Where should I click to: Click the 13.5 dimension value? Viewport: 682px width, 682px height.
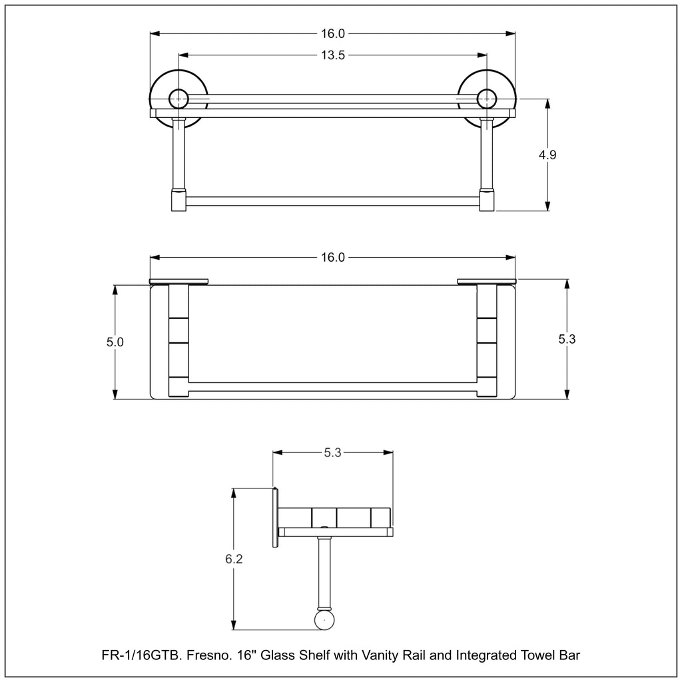tap(333, 55)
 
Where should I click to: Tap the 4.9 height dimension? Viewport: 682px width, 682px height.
tap(547, 155)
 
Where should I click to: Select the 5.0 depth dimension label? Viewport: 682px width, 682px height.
tap(115, 342)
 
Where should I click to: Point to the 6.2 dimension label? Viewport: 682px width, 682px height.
tap(234, 559)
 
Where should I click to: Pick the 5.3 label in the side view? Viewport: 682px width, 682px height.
tap(332, 453)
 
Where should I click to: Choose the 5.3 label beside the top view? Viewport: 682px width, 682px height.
tap(567, 339)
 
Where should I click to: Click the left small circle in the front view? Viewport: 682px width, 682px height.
tap(178, 99)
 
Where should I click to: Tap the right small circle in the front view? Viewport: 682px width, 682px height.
tap(487, 99)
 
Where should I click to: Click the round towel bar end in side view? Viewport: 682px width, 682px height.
tap(325, 619)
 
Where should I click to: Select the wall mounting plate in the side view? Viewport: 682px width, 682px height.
tap(275, 517)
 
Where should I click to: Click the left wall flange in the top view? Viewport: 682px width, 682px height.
tap(178, 282)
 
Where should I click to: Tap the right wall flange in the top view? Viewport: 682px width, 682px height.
tap(487, 282)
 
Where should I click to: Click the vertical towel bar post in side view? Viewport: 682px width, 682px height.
tap(324, 572)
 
